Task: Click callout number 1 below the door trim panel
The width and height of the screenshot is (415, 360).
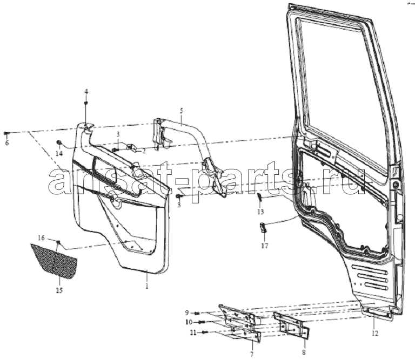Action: click(147, 286)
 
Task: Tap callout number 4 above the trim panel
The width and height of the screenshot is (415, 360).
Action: click(86, 92)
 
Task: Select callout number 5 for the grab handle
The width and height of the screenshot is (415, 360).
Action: click(182, 111)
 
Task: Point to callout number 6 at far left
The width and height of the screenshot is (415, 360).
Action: click(7, 143)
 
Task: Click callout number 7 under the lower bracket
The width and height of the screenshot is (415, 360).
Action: click(252, 354)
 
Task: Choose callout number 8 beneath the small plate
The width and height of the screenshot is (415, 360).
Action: click(304, 352)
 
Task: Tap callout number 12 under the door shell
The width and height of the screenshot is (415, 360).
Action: click(375, 334)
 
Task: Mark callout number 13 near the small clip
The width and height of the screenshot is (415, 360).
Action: click(260, 212)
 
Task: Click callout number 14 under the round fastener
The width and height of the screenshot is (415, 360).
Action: click(59, 153)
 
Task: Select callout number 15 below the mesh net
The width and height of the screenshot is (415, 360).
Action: click(59, 290)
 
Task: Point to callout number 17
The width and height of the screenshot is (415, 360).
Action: click(265, 246)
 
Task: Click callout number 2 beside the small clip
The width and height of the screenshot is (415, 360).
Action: click(144, 151)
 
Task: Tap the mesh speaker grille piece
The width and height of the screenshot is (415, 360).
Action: click(53, 261)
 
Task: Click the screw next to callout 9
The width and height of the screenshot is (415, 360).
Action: click(197, 313)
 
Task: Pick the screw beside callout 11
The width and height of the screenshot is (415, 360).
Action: click(206, 332)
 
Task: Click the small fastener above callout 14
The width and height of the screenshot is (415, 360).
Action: click(59, 143)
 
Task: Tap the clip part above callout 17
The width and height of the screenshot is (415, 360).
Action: click(263, 228)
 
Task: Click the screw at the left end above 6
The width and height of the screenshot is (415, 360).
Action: click(6, 133)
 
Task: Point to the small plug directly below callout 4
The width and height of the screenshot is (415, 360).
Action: click(86, 103)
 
